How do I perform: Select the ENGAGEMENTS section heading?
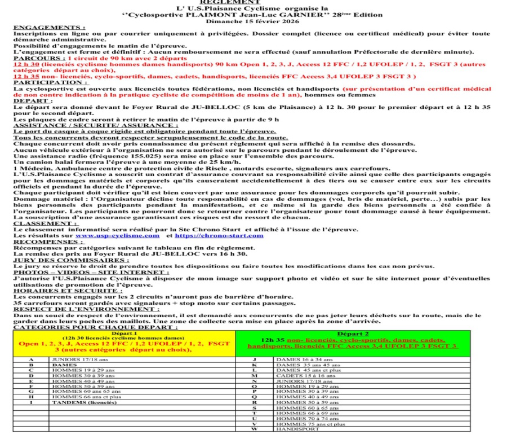pos(50,27)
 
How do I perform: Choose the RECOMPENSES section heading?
pos(48,242)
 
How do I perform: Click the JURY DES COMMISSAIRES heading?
pos(71,260)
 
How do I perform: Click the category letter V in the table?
pos(254,423)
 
